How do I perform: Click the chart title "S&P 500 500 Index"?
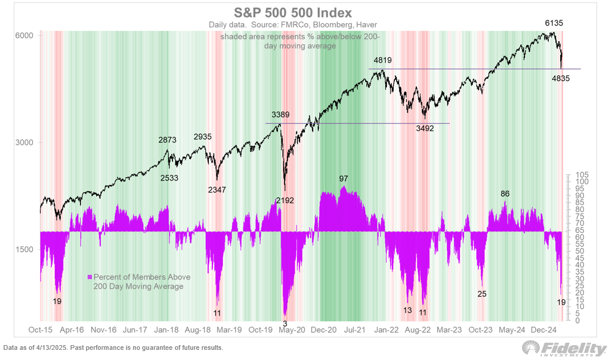point(293,13)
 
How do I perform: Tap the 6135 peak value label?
point(554,23)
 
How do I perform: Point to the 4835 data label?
point(561,79)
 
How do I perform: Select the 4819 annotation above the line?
point(382,61)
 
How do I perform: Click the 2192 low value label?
point(285,200)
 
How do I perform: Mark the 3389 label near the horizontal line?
point(280,115)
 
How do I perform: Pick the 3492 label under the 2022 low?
point(425,128)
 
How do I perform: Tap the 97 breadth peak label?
point(344,179)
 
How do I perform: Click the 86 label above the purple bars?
point(505,194)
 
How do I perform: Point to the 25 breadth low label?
point(481,294)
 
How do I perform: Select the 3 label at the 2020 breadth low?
point(285,324)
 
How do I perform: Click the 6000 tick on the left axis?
point(24,35)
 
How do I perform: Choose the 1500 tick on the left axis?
point(24,250)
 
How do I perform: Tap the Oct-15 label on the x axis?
point(41,330)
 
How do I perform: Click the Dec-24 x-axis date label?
point(544,330)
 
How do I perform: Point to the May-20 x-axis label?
point(292,330)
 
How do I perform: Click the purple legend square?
point(89,277)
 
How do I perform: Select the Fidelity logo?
point(564,349)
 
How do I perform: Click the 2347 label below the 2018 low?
point(217,190)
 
